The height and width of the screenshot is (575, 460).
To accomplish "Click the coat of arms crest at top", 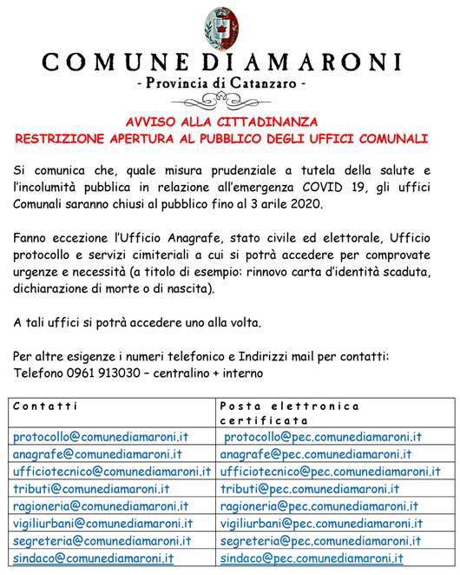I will [230, 26].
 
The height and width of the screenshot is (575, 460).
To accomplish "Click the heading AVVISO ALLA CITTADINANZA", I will [229, 122].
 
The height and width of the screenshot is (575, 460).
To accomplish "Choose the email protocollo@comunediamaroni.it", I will [101, 437].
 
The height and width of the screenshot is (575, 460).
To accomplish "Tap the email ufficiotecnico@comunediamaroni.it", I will [112, 472].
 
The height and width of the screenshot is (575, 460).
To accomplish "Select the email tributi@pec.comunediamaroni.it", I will [310, 489].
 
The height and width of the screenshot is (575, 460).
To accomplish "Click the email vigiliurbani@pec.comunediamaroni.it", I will [321, 524].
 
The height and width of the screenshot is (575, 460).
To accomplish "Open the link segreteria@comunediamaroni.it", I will [102, 541].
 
